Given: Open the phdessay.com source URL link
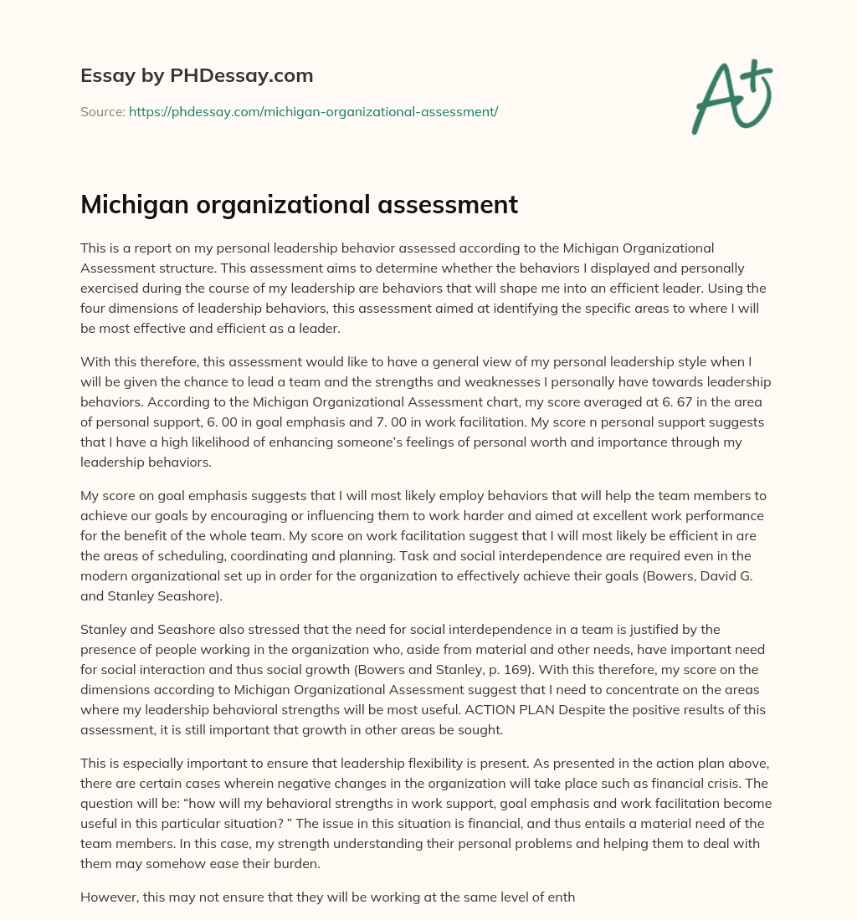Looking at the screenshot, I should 313,111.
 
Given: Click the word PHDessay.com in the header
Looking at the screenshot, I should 240,76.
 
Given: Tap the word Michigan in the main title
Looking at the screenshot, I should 131,205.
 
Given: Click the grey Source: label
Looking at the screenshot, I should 102,111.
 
